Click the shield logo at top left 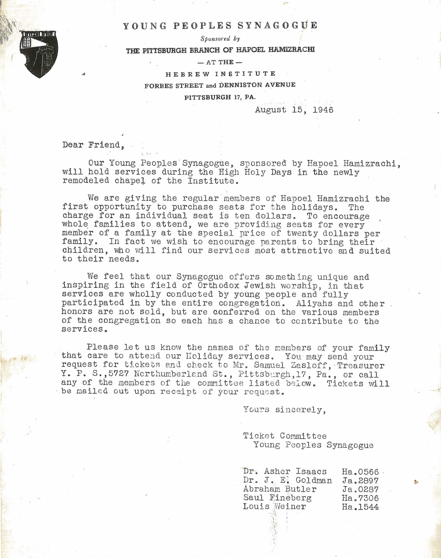(39, 54)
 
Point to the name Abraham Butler (280, 489)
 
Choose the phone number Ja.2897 (360, 481)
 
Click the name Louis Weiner (274, 506)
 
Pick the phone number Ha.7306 (360, 498)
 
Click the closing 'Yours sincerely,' (284, 410)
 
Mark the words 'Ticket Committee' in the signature (285, 436)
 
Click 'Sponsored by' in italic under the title (220, 39)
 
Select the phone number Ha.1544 (360, 507)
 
